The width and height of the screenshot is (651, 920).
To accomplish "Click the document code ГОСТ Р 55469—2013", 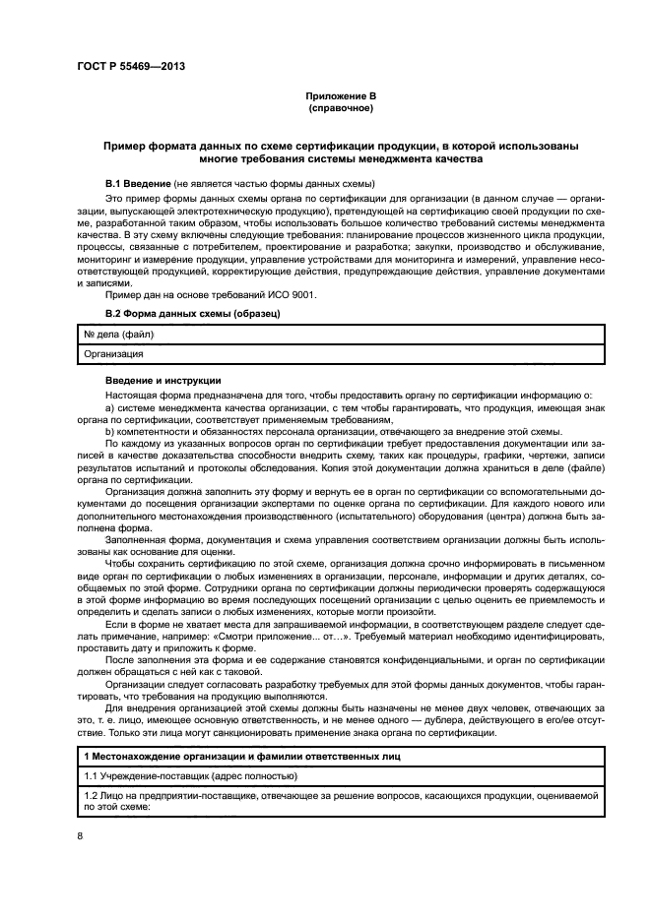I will (130, 67).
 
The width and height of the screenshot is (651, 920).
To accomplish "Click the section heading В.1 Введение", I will (138, 185).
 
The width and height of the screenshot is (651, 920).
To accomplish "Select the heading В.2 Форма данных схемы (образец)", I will (192, 315).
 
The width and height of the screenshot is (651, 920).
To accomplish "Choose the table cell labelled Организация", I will (113, 353).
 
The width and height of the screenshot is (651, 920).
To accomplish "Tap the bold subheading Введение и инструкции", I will (163, 381).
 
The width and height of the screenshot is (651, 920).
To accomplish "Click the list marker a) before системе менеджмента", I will (109, 406).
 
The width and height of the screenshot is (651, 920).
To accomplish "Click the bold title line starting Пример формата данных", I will (341, 145).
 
